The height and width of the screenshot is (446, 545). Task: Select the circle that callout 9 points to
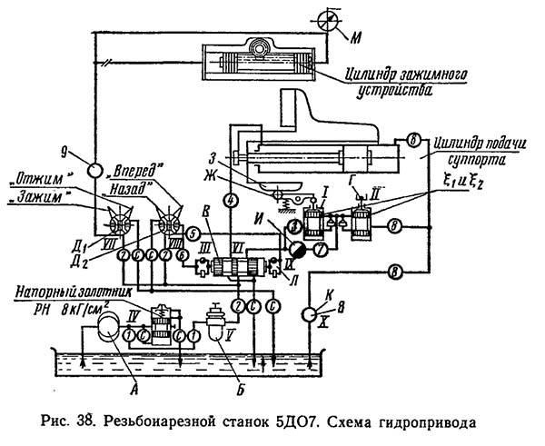pyautogui.click(x=94, y=170)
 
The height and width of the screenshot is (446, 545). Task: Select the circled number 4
pyautogui.click(x=231, y=199)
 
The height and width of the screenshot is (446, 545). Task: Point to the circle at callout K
pyautogui.click(x=310, y=314)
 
